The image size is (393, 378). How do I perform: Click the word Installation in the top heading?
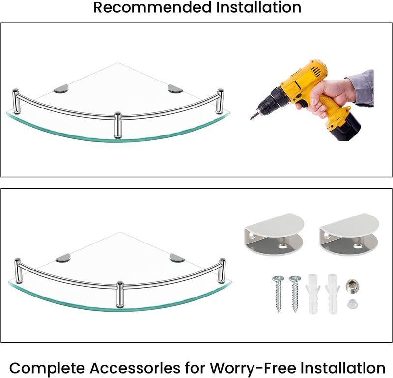coord(259,7)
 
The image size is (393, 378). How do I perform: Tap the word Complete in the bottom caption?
coord(47,368)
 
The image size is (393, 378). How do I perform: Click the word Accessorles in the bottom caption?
coord(135,368)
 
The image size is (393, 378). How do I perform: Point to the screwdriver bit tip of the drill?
coord(251,118)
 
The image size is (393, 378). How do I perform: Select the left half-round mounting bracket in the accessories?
coord(274,235)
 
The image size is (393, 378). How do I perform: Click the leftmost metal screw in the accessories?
coord(278,294)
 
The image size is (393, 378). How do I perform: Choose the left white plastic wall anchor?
coord(312,294)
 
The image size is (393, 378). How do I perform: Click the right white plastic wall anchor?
coord(333,294)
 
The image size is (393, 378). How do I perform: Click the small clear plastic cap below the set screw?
coord(352,304)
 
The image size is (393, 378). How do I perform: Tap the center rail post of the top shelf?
coord(118,125)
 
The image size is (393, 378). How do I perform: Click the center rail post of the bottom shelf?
coord(120,295)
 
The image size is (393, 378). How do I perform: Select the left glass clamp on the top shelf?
coord(61,88)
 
